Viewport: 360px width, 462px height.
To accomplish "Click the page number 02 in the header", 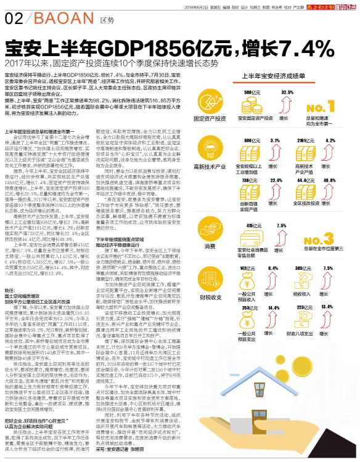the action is [13, 19].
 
